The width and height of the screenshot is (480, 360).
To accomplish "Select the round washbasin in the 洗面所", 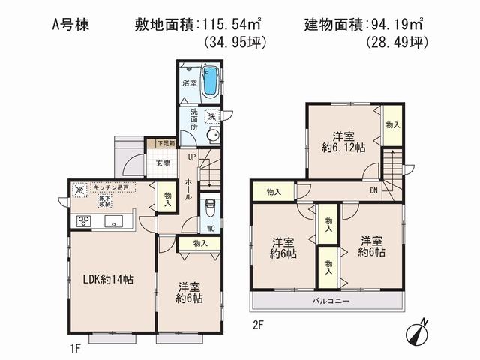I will (x=213, y=136).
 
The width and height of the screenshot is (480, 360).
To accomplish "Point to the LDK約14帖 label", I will (x=109, y=279).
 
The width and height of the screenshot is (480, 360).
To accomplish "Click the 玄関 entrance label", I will (x=163, y=163).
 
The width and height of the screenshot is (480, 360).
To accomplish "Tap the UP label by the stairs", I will (x=192, y=157).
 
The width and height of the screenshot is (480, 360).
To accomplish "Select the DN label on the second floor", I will (x=373, y=190).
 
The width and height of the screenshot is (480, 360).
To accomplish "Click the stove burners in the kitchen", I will (x=83, y=221).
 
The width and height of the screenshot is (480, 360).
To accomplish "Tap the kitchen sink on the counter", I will (x=115, y=221).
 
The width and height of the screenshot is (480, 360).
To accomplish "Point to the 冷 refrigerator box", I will (x=79, y=190).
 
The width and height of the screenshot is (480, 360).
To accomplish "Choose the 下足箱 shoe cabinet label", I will (x=166, y=142).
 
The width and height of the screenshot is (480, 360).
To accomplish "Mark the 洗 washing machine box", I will (x=212, y=116).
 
